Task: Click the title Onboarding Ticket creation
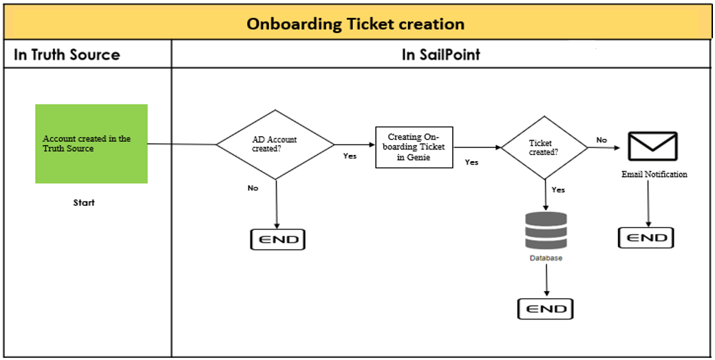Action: coord(356,24)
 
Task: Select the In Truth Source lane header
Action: coord(67,55)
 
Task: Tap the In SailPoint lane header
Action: coord(440,55)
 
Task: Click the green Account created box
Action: coord(92,144)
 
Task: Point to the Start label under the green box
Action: coord(84,203)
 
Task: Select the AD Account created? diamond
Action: coord(275,145)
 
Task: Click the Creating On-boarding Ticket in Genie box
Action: coord(414,147)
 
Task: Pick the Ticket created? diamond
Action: coord(544,147)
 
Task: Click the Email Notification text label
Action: coord(654,175)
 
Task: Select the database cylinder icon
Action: coord(546,231)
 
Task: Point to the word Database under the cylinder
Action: coord(546,258)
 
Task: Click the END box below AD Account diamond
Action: coord(277,239)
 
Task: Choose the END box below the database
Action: coord(545,308)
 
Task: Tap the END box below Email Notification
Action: coord(646,237)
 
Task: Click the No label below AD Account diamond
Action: coord(253,188)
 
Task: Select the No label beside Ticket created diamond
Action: coord(601,140)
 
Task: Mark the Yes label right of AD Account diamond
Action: coord(350,156)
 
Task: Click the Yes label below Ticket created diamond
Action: coord(558,189)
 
